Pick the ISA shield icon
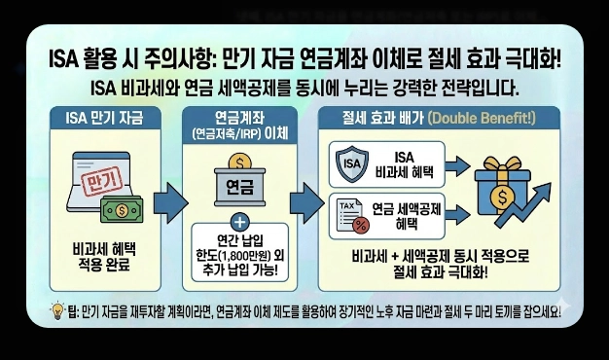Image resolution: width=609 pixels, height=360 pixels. tap(351, 162)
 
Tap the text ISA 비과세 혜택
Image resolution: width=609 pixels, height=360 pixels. tap(403, 162)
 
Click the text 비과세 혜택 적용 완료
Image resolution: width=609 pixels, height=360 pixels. tap(102, 256)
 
